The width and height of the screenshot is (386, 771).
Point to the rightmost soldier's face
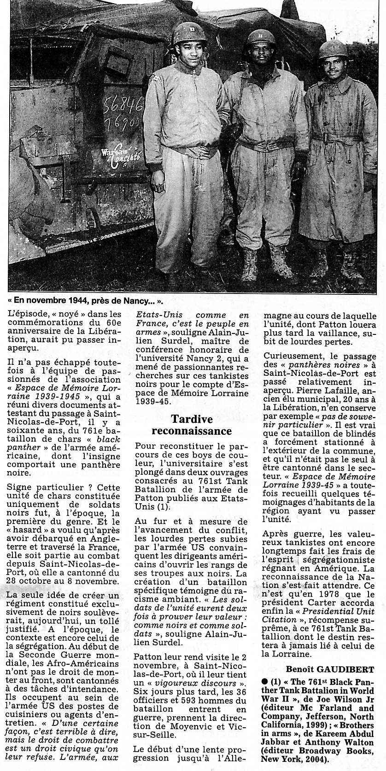(333, 64)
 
